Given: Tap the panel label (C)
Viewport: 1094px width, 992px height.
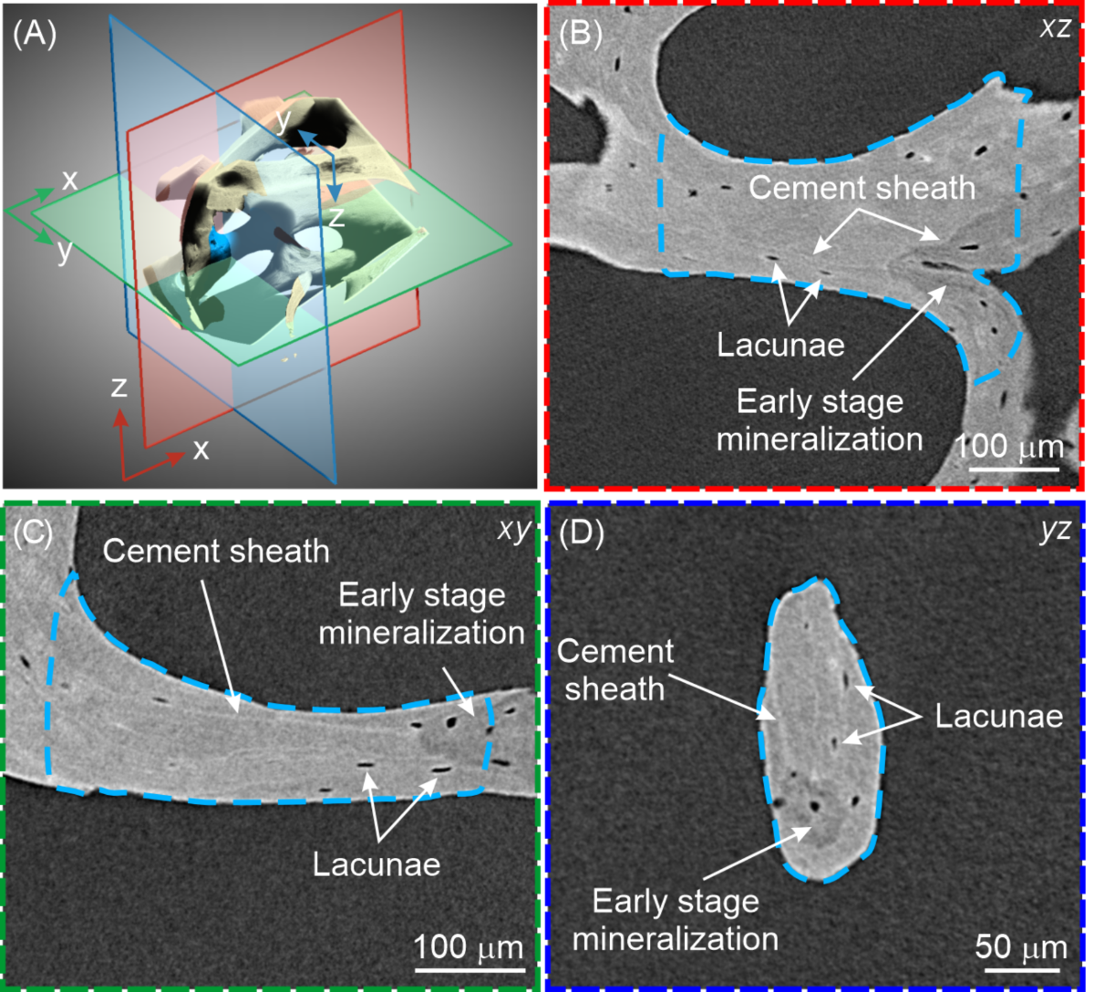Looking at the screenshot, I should [36, 532].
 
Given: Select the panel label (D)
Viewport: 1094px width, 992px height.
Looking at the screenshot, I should [581, 532].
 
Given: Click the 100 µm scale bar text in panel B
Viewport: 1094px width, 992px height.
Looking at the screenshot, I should [1011, 447].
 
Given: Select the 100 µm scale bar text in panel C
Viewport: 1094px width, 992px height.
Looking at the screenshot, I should [469, 947].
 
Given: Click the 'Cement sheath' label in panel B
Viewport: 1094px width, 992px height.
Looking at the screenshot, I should [862, 189].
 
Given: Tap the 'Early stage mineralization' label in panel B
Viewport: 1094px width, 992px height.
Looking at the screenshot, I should [820, 420].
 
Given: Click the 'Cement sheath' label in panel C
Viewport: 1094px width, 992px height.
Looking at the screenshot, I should [216, 551].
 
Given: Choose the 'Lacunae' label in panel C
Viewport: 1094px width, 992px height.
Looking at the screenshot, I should [377, 863].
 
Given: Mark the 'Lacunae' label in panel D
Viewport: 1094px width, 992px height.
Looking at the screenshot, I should [999, 716].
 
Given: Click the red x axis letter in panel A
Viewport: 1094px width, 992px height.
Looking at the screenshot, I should [201, 449].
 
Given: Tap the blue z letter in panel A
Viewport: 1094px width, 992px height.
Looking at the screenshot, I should [336, 218].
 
